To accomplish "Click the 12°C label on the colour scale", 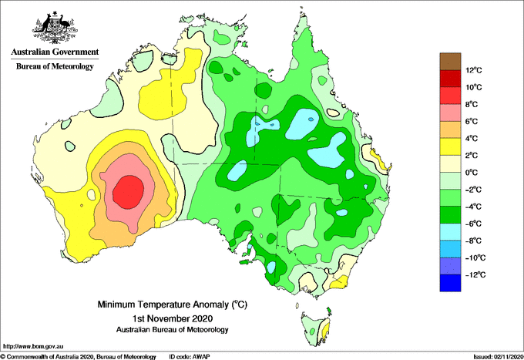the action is (x=474, y=70).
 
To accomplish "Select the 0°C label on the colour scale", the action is (x=472, y=173).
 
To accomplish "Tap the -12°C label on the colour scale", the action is (x=475, y=274).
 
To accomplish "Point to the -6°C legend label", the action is (x=473, y=224).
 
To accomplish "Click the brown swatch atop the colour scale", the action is (x=450, y=62).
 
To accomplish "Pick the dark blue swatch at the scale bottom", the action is (x=450, y=283).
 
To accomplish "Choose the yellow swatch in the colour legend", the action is (x=450, y=146).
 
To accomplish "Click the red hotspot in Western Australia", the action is (x=129, y=192).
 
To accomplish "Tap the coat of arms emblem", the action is (x=55, y=28).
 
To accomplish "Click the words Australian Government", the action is (x=55, y=52).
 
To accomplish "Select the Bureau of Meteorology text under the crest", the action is (x=55, y=66).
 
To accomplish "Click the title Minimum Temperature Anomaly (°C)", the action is (x=173, y=304).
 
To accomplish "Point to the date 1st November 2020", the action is (x=173, y=318).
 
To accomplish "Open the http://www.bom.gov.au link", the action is (x=33, y=346).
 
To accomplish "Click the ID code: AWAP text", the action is (x=190, y=357).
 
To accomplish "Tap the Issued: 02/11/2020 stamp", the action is (x=499, y=357).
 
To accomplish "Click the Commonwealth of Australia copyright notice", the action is (x=78, y=357).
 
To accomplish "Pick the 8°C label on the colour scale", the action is (x=472, y=104).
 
